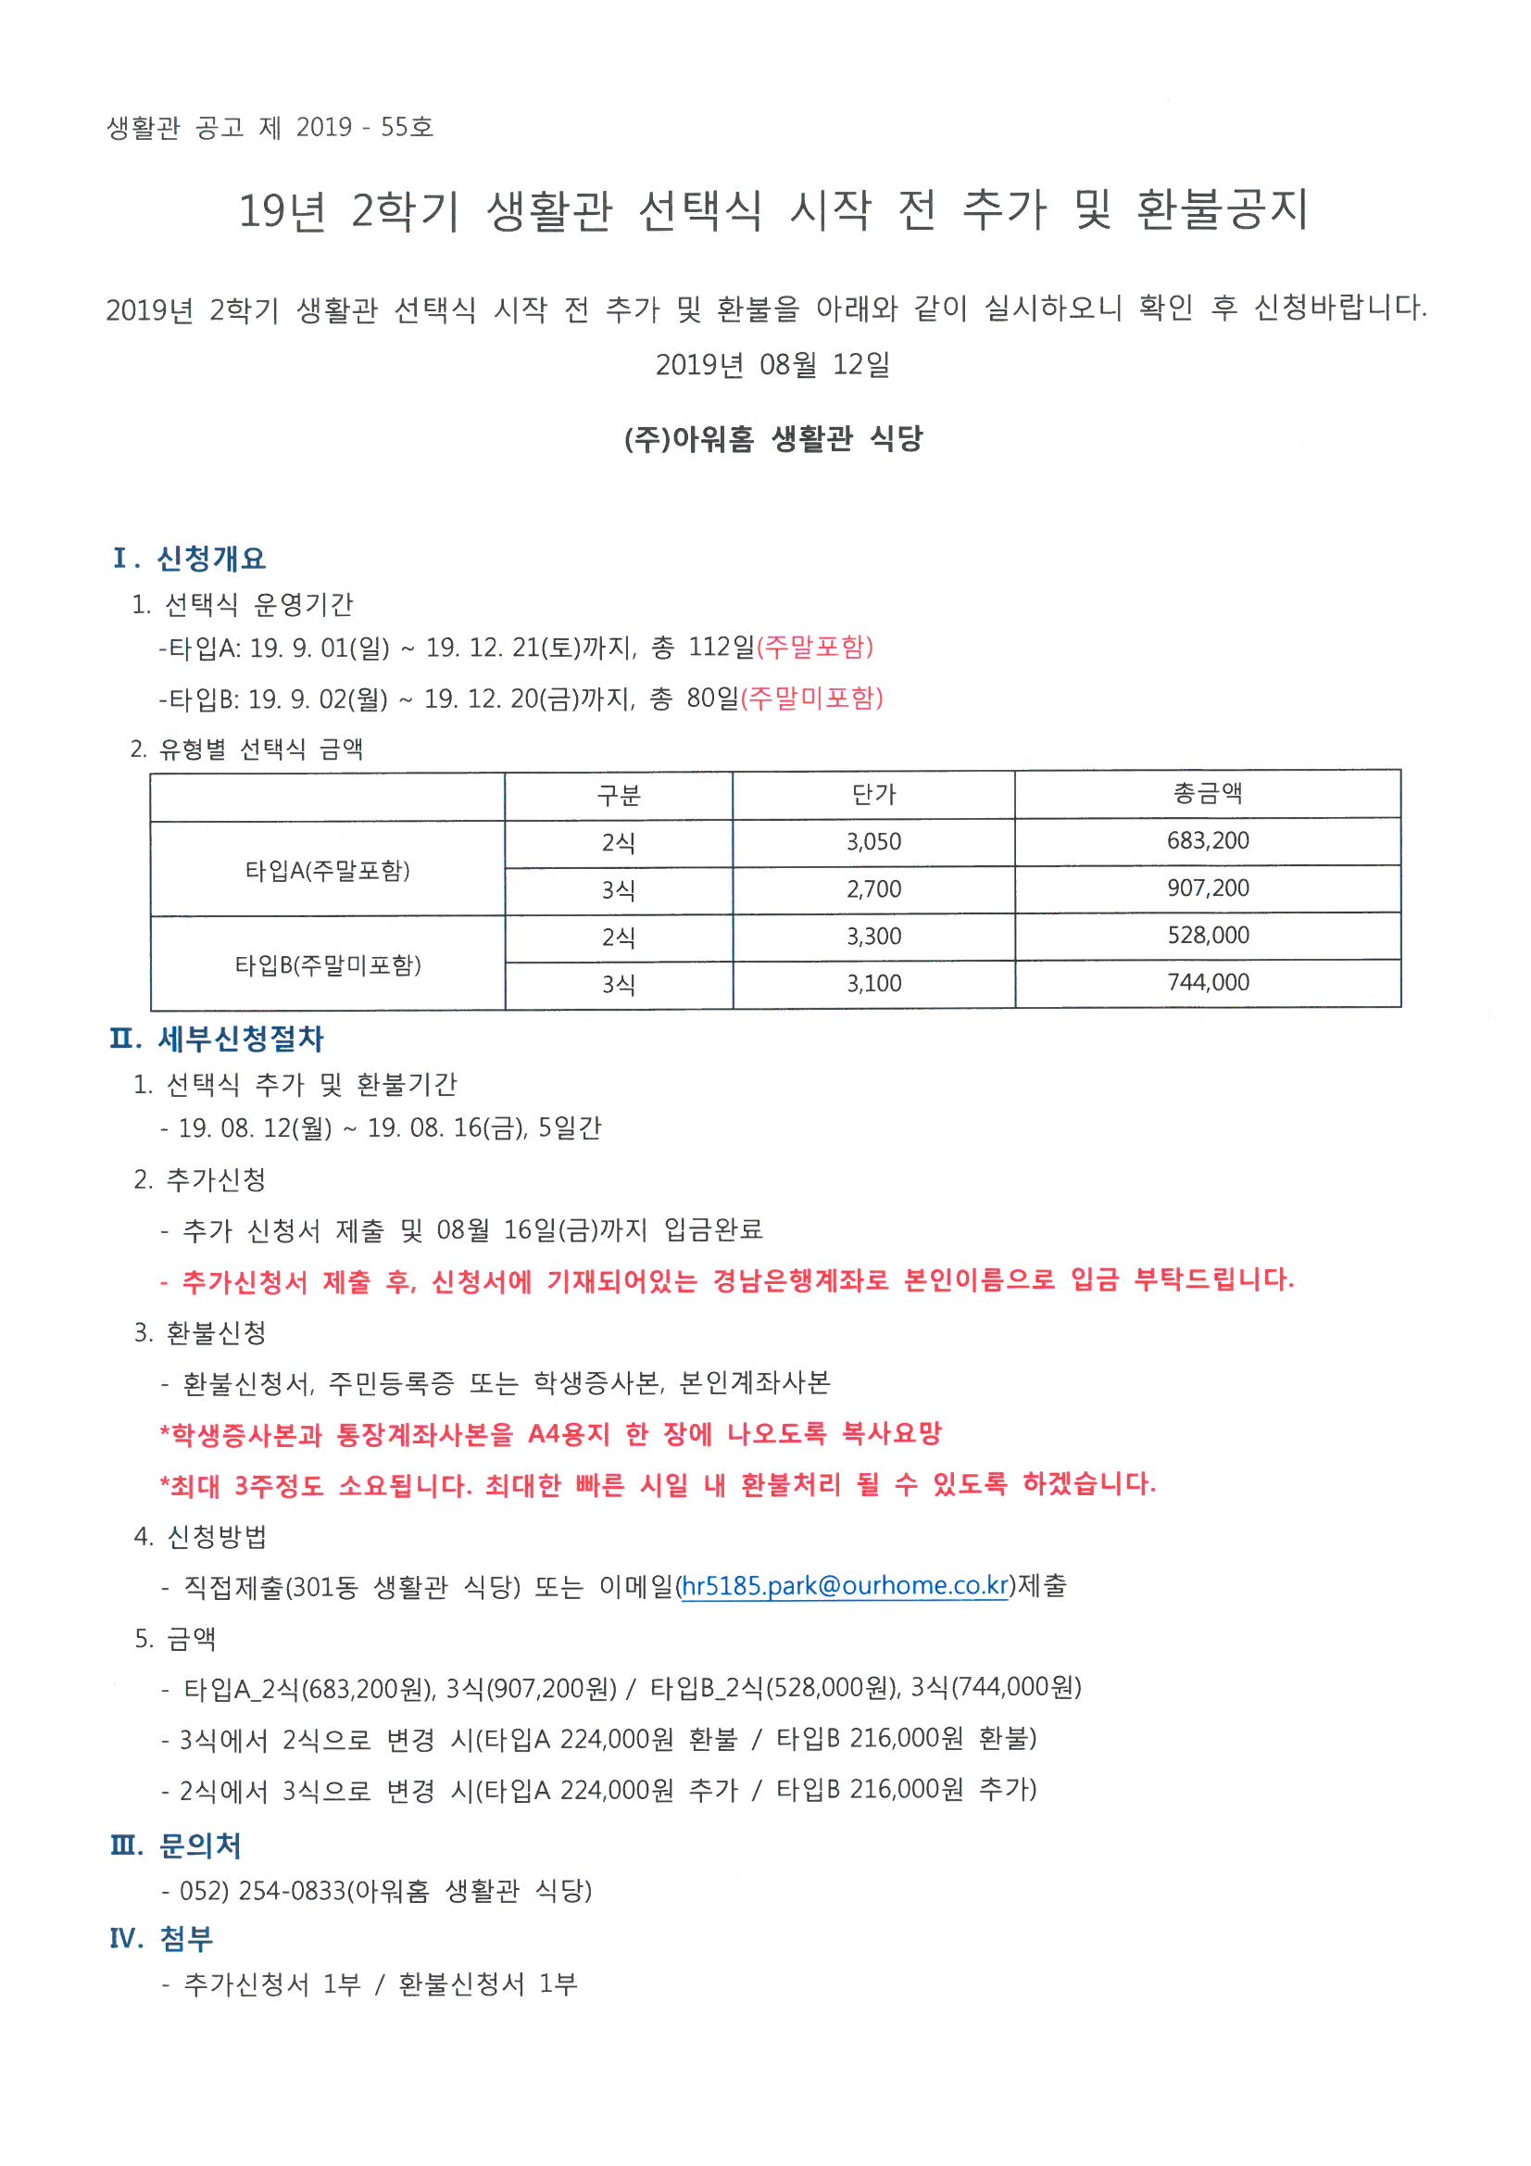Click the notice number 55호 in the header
coord(407,127)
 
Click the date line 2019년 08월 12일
coord(772,364)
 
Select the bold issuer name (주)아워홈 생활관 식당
coord(772,439)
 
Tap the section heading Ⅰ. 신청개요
coord(189,559)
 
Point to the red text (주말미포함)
coord(812,699)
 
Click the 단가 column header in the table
coord(873,794)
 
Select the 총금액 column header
coord(1208,793)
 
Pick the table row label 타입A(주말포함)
coord(327,870)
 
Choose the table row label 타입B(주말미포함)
coord(327,965)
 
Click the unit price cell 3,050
coord(873,841)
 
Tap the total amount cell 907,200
coord(1208,888)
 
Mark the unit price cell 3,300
coord(873,937)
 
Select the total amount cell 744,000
coord(1208,982)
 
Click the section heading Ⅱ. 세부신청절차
coord(217,1039)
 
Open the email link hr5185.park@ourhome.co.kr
coord(846,1586)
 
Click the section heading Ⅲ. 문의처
coord(176,1845)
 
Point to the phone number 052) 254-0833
coord(262,1891)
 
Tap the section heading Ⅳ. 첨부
coord(162,1939)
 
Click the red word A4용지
coord(569,1435)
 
